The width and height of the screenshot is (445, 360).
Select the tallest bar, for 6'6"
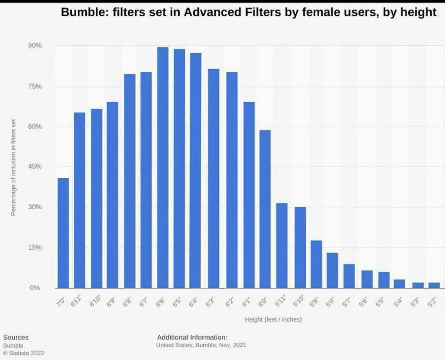163,167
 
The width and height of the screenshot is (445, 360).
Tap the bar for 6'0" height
265,209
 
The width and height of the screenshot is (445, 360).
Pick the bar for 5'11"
282,245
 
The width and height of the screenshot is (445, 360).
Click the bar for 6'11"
80,200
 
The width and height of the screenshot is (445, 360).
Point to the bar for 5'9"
316,264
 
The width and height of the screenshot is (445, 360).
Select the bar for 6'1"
249,195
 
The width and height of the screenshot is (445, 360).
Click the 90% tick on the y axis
35,45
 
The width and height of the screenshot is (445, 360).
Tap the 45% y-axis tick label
35,166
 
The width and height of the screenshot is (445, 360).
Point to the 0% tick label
35,288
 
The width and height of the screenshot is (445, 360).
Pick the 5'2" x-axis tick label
432,303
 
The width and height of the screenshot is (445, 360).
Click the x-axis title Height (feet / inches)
273,319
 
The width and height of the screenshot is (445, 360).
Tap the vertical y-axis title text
13,167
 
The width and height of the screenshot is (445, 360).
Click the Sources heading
16,337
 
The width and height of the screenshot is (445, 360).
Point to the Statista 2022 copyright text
23,353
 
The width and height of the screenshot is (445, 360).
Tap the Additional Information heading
192,337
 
